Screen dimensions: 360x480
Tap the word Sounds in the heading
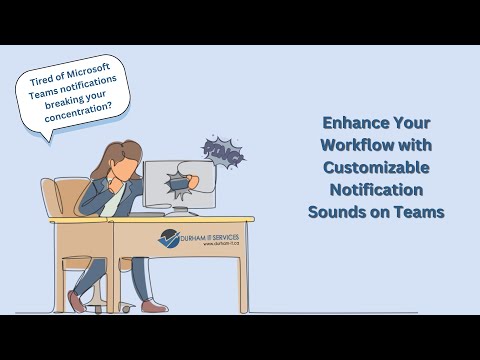[337, 212]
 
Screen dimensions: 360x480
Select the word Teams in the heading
[421, 212]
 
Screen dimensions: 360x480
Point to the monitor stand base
[180, 213]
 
